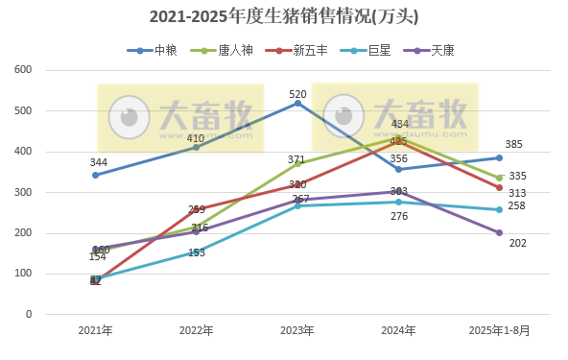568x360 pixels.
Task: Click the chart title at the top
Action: [x=284, y=17]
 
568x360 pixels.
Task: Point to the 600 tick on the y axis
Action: [x=23, y=70]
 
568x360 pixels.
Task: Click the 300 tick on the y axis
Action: [x=23, y=192]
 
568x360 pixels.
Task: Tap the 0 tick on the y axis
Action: [x=29, y=314]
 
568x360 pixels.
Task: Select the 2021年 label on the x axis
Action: [x=95, y=330]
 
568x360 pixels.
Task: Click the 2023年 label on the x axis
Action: [x=297, y=330]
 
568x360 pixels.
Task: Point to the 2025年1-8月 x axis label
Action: [x=499, y=330]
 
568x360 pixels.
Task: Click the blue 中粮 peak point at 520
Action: [x=297, y=103]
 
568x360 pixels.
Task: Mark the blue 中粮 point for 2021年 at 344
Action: [x=95, y=175]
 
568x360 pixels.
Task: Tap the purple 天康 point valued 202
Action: [x=499, y=232]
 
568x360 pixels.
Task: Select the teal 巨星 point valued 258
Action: [x=499, y=209]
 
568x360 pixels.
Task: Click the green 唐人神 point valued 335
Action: [x=499, y=178]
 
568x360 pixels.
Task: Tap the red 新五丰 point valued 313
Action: [x=499, y=187]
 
